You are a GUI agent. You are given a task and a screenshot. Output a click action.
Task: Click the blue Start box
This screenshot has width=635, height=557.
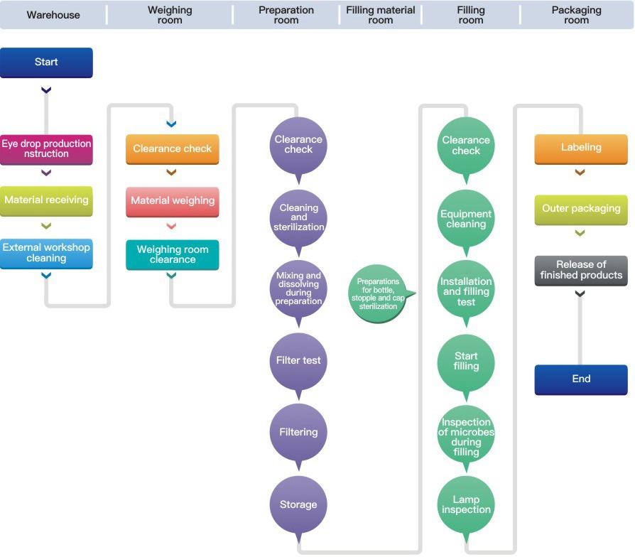(46, 63)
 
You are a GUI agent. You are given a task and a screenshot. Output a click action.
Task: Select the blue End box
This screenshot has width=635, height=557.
(581, 379)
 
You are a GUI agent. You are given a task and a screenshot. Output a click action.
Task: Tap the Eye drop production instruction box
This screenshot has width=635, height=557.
(46, 149)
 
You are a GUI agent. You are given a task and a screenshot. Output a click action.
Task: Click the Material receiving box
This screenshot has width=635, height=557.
(46, 201)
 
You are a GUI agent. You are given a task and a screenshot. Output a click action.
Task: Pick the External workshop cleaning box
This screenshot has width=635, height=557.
(46, 254)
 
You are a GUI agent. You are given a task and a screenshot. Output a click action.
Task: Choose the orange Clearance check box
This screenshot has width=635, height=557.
(172, 149)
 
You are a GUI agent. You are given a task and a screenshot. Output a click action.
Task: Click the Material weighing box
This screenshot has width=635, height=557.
(172, 202)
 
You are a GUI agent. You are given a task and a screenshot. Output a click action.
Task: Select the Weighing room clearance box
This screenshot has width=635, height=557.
(172, 255)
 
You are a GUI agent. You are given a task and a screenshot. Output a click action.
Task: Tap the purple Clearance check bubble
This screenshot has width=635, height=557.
(298, 146)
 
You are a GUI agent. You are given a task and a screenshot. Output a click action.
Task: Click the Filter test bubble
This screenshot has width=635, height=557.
(298, 362)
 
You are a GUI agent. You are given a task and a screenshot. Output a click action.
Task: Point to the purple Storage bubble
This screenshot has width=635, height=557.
(298, 504)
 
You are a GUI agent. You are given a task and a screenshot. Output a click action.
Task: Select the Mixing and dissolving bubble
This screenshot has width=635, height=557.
(298, 289)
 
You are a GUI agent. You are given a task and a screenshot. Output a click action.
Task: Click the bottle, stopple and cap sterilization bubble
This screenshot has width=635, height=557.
(379, 293)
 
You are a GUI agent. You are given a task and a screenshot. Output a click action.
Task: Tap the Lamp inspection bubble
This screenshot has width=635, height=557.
(466, 504)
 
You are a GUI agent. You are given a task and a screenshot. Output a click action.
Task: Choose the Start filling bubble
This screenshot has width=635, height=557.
(466, 362)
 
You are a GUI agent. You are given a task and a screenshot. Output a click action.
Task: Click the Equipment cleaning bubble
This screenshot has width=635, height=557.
(466, 219)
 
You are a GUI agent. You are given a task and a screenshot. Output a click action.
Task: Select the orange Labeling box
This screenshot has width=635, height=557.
(581, 149)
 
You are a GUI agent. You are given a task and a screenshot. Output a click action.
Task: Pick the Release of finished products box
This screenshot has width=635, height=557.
(581, 271)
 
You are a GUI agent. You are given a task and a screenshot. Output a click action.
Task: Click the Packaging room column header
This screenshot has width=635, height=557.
(576, 15)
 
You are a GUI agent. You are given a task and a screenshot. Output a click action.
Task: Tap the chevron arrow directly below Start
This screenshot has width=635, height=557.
(46, 90)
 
